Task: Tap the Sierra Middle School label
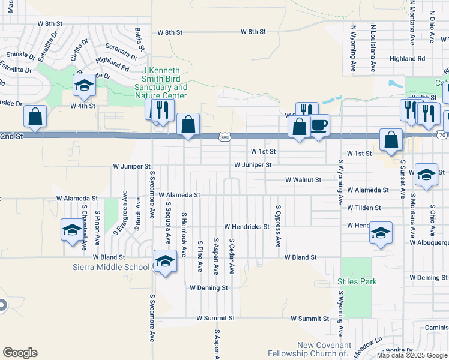[111, 267]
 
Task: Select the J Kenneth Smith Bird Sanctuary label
[164, 83]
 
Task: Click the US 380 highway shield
[224, 137]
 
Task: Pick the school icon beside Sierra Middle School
[165, 262]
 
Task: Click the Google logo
[20, 353]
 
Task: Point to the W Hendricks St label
[247, 227]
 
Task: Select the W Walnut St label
[303, 179]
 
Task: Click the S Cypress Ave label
[278, 226]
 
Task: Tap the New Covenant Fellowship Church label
[325, 349]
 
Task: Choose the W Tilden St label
[364, 208]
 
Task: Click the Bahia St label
[140, 38]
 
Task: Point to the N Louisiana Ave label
[373, 46]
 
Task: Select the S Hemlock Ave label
[184, 232]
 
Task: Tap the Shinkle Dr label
[21, 55]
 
